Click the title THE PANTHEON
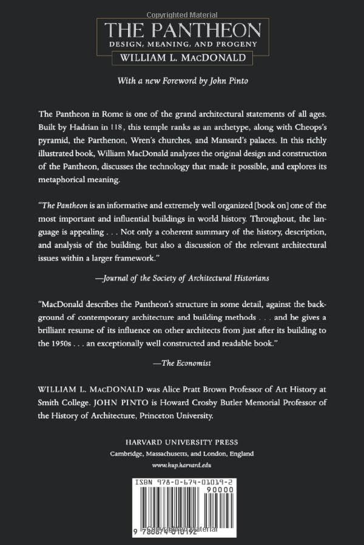181,30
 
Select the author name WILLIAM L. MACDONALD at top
181,59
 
